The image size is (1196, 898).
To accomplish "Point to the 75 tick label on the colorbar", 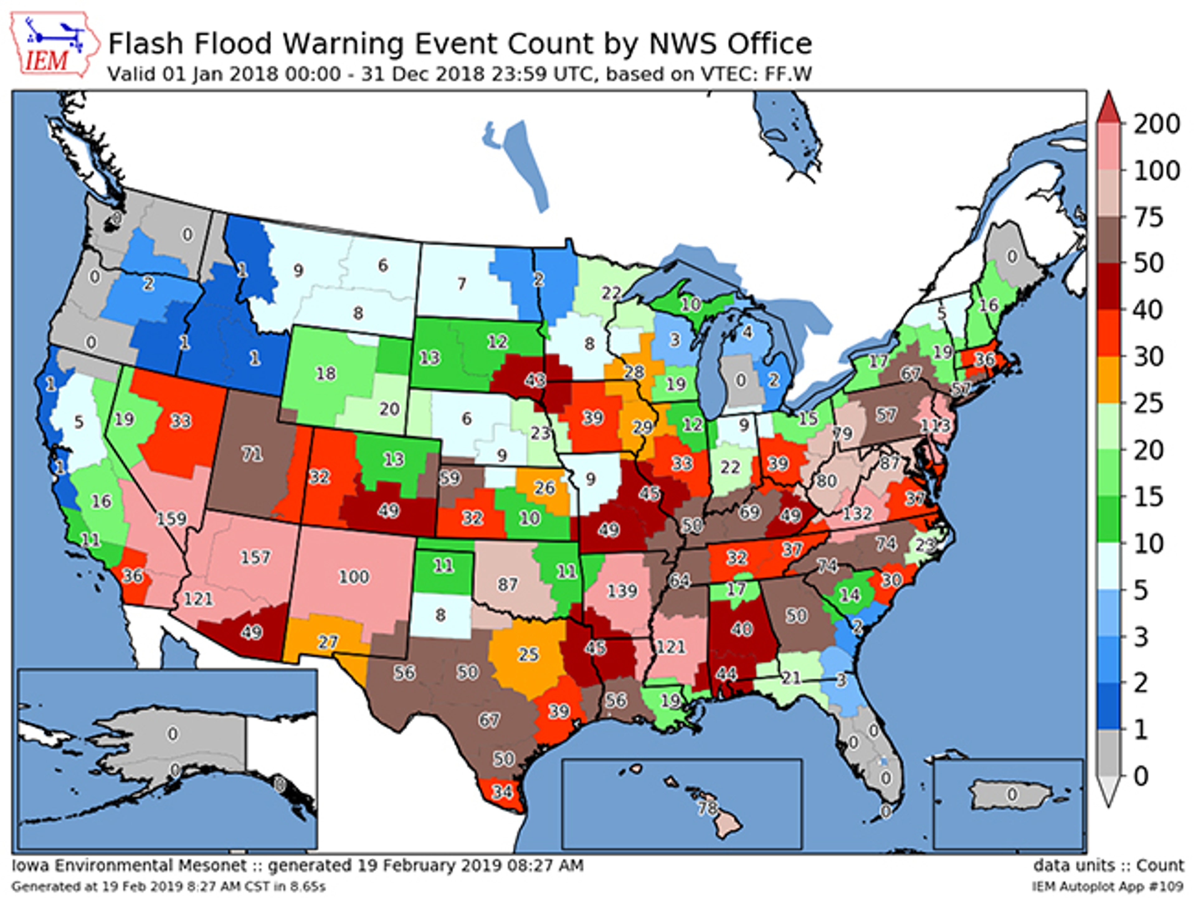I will (x=1148, y=217).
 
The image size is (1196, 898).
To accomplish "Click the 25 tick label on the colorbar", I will (x=1148, y=403).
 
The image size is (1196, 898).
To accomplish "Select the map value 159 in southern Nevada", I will (x=171, y=519).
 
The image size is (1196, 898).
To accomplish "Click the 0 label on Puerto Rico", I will (x=1012, y=794).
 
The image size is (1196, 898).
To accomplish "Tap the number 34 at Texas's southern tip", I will (x=502, y=792).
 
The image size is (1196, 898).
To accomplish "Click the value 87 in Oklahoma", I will (x=507, y=584).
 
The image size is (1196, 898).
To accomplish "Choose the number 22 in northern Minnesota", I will (x=611, y=293).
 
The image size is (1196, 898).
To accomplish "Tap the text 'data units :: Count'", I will (x=1108, y=866).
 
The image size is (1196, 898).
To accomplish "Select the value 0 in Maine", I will (x=1012, y=256).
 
